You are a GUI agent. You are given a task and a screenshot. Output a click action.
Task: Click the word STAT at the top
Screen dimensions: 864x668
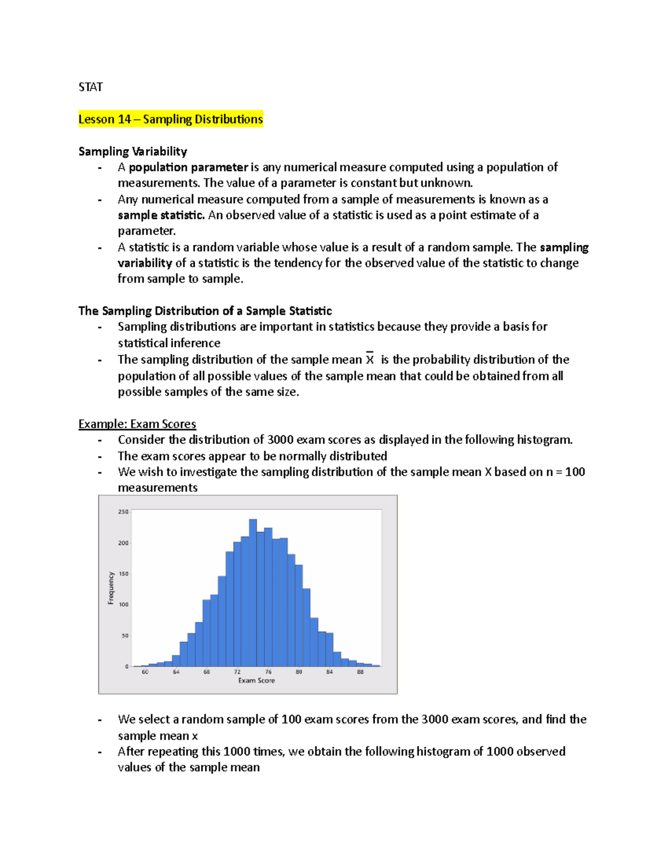pos(90,87)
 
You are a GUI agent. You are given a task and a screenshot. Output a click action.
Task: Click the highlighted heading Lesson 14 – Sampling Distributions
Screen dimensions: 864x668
pos(170,119)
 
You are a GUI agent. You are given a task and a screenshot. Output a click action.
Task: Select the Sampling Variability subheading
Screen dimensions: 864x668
pos(132,151)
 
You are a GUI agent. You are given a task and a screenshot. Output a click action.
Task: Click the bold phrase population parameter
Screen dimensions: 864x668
pos(188,167)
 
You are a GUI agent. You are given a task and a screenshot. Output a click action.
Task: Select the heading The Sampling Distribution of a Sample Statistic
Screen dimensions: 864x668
pos(205,311)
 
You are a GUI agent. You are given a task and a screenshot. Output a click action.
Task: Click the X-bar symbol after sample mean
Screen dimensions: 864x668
pos(370,359)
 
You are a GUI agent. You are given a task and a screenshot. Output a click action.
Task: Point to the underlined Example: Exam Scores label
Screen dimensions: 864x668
pos(137,424)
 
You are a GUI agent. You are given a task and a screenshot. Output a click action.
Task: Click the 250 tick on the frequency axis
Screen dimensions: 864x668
pos(123,512)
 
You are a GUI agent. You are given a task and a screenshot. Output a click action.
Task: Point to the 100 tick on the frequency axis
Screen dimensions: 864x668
pos(123,605)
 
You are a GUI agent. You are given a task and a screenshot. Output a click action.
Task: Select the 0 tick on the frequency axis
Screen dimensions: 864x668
pos(127,666)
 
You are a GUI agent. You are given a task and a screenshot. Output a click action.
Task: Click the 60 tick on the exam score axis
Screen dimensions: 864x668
pos(145,672)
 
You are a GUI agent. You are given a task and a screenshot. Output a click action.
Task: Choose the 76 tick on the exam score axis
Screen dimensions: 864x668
pos(268,672)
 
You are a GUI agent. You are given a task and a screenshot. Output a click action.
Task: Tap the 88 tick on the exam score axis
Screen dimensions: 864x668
pos(360,672)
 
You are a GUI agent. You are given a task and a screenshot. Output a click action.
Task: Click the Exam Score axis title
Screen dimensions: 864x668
pos(257,680)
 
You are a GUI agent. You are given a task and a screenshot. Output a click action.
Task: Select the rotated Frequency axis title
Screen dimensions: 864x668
pos(111,588)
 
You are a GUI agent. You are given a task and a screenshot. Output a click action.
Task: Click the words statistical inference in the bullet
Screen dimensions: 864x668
pos(169,343)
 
